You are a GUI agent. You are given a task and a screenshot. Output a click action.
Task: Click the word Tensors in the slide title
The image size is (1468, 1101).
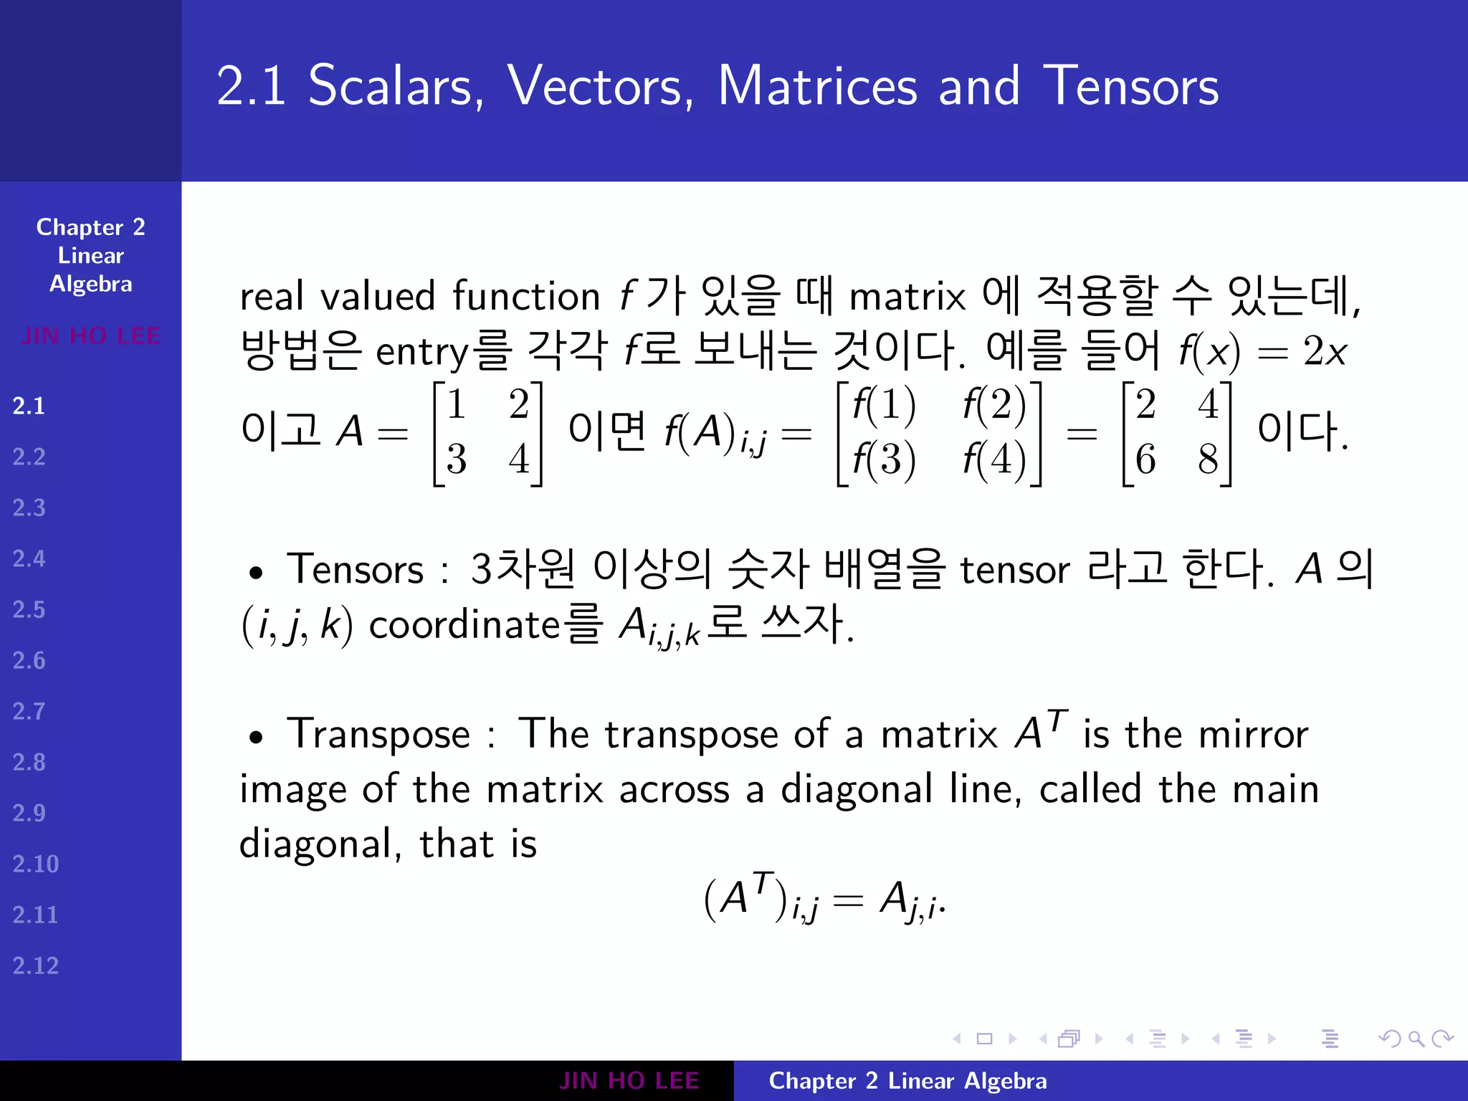[x=1130, y=86]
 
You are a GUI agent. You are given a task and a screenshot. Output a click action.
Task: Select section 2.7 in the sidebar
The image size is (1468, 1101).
[x=29, y=711]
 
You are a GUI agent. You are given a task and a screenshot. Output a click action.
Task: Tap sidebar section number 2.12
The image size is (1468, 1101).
[x=35, y=966]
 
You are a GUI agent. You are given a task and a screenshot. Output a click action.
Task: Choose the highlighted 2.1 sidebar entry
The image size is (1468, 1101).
[x=29, y=406]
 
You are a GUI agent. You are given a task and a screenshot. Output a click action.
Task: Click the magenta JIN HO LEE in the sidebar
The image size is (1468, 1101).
[x=90, y=335]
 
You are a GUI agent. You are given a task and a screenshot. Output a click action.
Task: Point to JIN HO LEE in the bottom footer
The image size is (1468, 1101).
[x=629, y=1081]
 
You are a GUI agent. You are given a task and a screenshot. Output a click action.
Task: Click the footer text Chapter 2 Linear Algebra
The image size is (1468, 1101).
[x=907, y=1081]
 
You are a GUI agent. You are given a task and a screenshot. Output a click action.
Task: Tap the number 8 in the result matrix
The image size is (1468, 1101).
[x=1208, y=459]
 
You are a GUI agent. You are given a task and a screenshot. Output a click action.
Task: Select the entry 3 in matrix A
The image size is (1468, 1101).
[x=457, y=459]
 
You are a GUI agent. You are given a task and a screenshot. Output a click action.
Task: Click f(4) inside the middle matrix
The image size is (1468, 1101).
[x=995, y=459]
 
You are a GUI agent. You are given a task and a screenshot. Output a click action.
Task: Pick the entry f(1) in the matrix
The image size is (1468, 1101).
[x=884, y=404]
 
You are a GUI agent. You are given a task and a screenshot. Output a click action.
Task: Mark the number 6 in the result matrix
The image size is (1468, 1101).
[x=1145, y=459]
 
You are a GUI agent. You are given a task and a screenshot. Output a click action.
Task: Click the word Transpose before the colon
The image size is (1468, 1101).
[x=378, y=735]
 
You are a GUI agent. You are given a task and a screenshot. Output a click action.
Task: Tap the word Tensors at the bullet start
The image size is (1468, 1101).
[x=355, y=570]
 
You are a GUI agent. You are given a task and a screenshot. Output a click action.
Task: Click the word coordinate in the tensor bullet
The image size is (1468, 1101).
[x=463, y=625]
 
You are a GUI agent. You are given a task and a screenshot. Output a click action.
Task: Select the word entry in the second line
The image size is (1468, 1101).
[x=422, y=352]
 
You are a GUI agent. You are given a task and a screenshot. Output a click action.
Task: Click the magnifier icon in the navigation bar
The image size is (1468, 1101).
[x=1416, y=1039]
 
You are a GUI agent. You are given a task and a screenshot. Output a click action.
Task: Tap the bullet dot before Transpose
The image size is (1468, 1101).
[x=256, y=737]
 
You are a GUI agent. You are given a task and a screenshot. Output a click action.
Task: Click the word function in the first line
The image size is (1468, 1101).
[x=526, y=296]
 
